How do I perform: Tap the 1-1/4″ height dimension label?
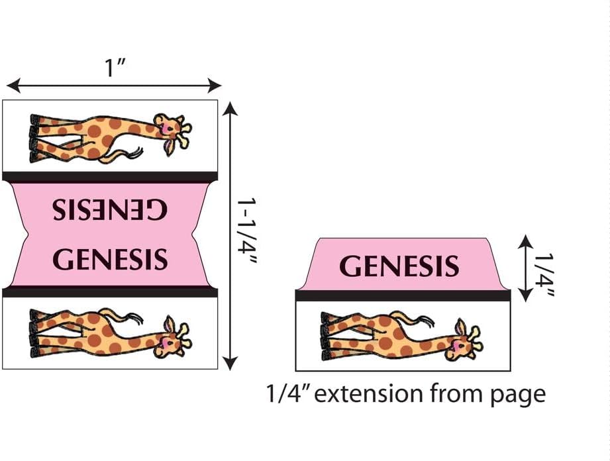pos(247,232)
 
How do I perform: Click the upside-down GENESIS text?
pos(111,210)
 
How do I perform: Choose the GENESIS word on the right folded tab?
pos(399,266)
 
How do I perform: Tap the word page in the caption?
pos(519,395)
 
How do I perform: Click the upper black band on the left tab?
pos(110,177)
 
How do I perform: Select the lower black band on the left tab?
pos(110,292)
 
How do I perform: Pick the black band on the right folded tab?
pos(402,295)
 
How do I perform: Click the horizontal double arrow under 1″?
pos(114,85)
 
